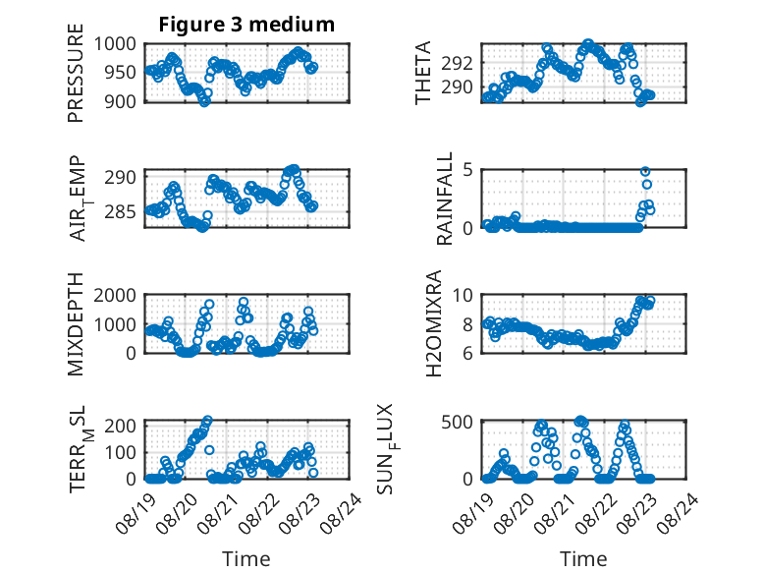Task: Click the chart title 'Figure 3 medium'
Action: tap(246, 25)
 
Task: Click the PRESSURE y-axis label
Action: tap(76, 73)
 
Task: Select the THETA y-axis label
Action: tap(423, 73)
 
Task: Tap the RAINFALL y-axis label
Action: tap(445, 199)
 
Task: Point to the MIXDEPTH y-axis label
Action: tap(76, 324)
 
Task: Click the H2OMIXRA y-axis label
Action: tap(433, 323)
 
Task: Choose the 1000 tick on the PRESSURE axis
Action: tap(115, 44)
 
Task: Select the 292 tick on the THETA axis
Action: tap(457, 64)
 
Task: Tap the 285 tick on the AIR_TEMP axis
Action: tap(121, 212)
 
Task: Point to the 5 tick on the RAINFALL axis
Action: tap(468, 170)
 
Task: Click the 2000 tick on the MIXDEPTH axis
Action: tap(115, 296)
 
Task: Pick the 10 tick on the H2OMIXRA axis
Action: tap(463, 296)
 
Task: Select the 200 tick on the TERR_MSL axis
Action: tap(121, 426)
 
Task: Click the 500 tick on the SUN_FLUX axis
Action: tap(457, 422)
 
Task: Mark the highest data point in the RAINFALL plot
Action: tap(645, 172)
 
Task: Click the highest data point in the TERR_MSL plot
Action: tap(207, 420)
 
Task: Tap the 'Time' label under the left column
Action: tap(246, 559)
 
